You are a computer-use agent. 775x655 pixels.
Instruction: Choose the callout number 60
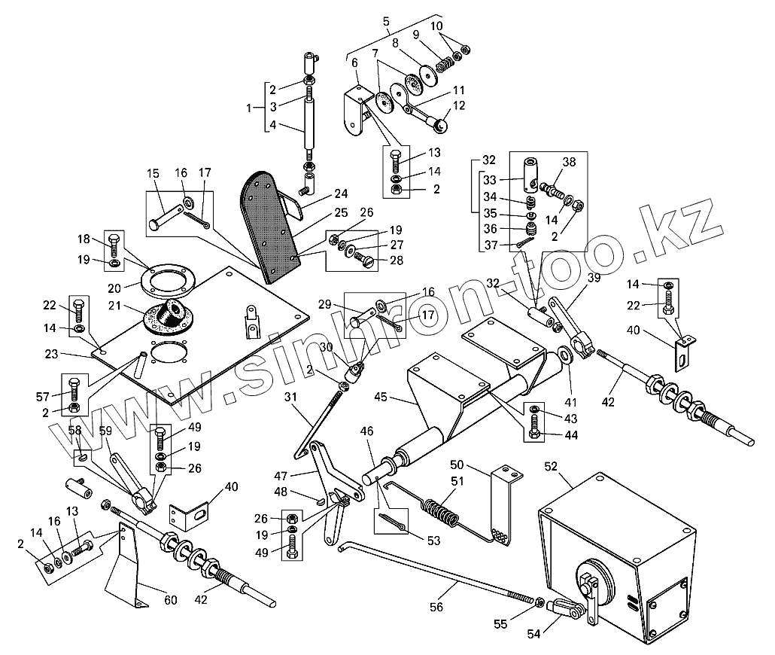pos(171,600)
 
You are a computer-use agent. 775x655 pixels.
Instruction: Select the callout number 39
pos(594,278)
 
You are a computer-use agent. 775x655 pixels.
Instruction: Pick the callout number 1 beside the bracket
pos(251,108)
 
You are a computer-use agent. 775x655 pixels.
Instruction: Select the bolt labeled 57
pos(74,391)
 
